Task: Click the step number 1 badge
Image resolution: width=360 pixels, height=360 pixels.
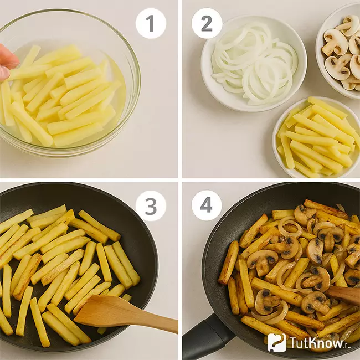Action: click(151, 23)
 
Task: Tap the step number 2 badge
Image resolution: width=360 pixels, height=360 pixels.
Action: click(207, 23)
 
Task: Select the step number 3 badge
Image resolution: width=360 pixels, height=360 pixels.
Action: click(151, 205)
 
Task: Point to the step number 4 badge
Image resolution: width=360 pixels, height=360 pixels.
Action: click(207, 205)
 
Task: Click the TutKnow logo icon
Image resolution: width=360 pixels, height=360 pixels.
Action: click(277, 342)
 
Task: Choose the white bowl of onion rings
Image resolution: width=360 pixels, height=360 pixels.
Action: click(254, 64)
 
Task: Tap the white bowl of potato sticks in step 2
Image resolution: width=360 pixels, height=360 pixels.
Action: click(316, 137)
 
